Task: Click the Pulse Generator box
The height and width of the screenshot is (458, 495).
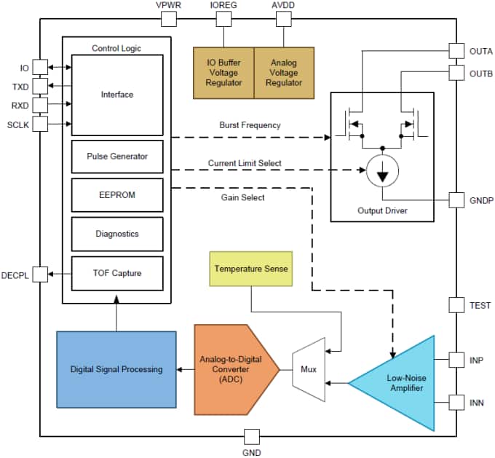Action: (117, 157)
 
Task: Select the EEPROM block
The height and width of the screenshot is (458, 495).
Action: (117, 195)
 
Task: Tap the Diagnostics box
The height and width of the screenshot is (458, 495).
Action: (117, 234)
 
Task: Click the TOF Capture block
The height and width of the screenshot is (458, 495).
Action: (117, 273)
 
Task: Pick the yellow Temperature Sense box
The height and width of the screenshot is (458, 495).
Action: (251, 269)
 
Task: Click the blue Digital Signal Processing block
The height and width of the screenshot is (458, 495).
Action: (116, 369)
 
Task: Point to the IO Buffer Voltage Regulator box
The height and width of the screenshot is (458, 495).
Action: (223, 73)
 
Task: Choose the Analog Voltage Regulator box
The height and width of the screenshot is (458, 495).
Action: (284, 73)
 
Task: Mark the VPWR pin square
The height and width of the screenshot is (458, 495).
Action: (169, 19)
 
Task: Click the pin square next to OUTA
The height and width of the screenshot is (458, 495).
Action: (456, 51)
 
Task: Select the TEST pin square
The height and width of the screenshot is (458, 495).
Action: (456, 306)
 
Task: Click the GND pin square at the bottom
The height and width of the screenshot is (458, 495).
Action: (251, 436)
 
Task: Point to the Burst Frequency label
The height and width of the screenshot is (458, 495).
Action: (250, 125)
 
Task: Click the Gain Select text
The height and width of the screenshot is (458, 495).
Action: (242, 197)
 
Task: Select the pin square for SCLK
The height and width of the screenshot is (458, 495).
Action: (40, 124)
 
